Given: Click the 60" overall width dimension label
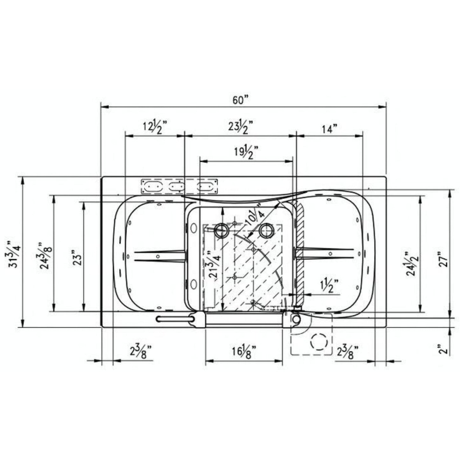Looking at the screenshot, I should pos(240,100).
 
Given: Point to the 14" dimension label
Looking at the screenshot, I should pos(329,129).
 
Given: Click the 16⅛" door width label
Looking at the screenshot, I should pos(244,352).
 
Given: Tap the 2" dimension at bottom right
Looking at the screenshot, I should pos(444,349).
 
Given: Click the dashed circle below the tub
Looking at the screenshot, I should pos(319,342).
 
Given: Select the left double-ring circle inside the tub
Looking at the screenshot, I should pos(221,230).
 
